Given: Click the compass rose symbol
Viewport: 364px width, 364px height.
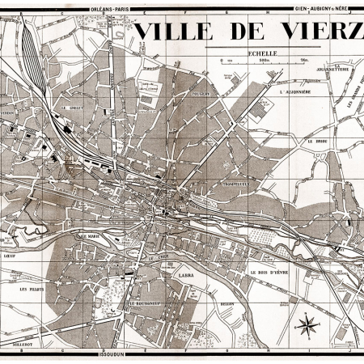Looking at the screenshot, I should (x=307, y=326).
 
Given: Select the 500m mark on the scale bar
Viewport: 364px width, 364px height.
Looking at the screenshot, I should (x=263, y=60).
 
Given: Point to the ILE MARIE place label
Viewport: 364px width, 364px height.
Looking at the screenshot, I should (x=88, y=236).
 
